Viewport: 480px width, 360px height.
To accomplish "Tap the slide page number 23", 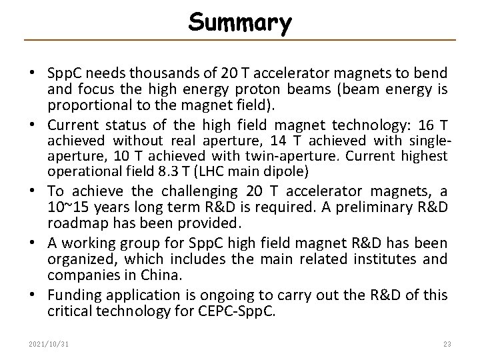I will [x=447, y=343].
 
